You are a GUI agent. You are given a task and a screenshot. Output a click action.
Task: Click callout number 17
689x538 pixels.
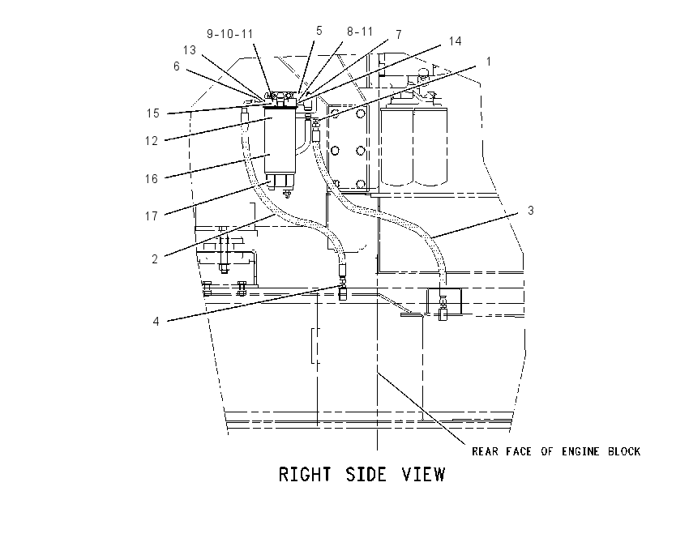pos(151,216)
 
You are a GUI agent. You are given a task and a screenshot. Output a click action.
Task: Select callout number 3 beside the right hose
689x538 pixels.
pos(531,211)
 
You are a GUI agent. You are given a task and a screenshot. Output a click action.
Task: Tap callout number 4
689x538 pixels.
pos(156,321)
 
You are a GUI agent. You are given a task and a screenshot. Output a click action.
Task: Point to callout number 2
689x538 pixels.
pos(155,259)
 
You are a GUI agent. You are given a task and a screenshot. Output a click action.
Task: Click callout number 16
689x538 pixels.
pos(151,179)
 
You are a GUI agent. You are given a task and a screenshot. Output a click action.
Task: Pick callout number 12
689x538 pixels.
pos(151,141)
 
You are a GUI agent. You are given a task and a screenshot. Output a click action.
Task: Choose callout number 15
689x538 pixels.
pos(152,113)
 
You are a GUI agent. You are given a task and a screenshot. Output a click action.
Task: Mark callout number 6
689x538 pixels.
pos(177,66)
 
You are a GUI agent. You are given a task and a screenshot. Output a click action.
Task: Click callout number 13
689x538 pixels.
pos(190,50)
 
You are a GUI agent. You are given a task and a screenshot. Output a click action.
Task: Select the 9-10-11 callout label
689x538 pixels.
pos(230,34)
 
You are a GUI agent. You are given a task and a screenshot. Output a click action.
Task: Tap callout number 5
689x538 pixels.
pos(319,31)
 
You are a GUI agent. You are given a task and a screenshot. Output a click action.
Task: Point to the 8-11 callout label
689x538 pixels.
pos(360,31)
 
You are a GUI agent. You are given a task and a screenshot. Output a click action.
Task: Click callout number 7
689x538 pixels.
pos(399,35)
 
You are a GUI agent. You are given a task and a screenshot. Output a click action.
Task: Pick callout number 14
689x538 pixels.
pos(455,41)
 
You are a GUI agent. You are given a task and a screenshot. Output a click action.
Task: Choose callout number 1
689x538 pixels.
pos(488,62)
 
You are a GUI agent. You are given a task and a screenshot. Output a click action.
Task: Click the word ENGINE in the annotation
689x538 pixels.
pos(580,451)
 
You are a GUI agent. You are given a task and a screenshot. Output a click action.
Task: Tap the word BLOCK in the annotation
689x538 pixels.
pos(624,451)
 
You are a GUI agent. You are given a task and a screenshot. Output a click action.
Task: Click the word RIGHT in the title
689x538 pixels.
pos(305,475)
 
